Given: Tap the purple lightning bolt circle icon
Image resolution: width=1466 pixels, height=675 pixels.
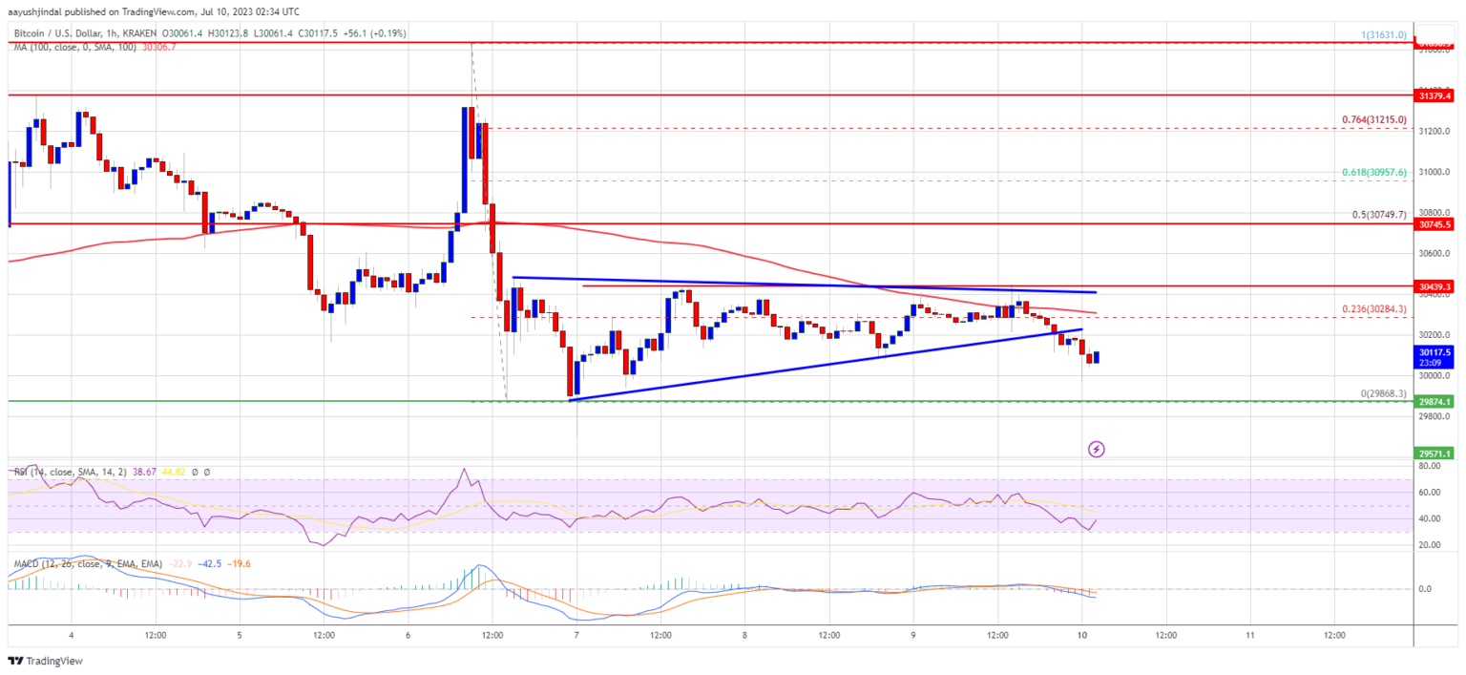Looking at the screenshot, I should pos(1097,448).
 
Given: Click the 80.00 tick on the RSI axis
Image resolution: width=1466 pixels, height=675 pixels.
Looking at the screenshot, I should pos(1429,467).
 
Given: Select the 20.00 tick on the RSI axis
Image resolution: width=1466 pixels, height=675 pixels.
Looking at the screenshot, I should pos(1429,545).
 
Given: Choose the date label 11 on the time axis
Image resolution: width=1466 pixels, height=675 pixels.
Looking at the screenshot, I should pos(1250,635).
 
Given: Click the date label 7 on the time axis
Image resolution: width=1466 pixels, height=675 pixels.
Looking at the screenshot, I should pos(576,635).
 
